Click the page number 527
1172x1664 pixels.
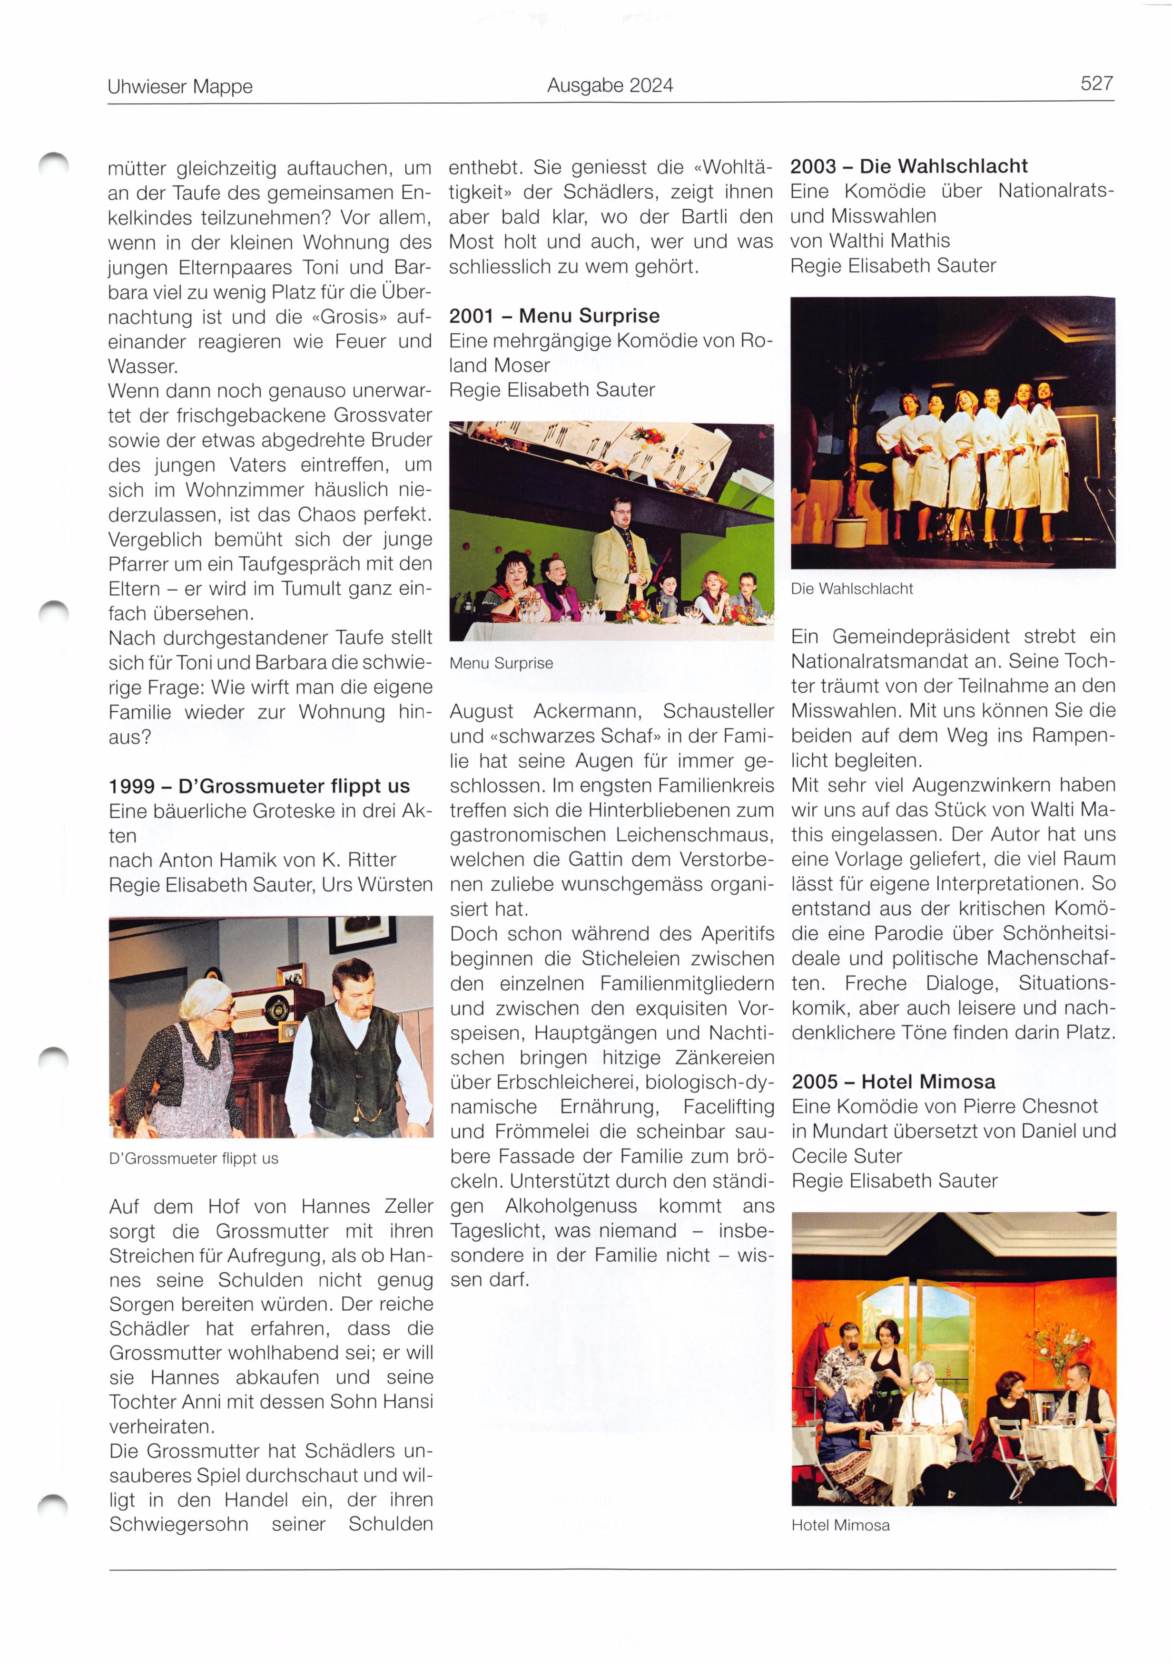(x=1096, y=84)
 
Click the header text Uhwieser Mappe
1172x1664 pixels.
(x=180, y=87)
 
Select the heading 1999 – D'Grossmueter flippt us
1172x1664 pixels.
(x=259, y=786)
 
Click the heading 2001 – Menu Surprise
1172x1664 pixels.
(x=554, y=316)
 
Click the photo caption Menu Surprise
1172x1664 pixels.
(x=501, y=663)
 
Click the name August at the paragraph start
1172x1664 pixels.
(x=481, y=712)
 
